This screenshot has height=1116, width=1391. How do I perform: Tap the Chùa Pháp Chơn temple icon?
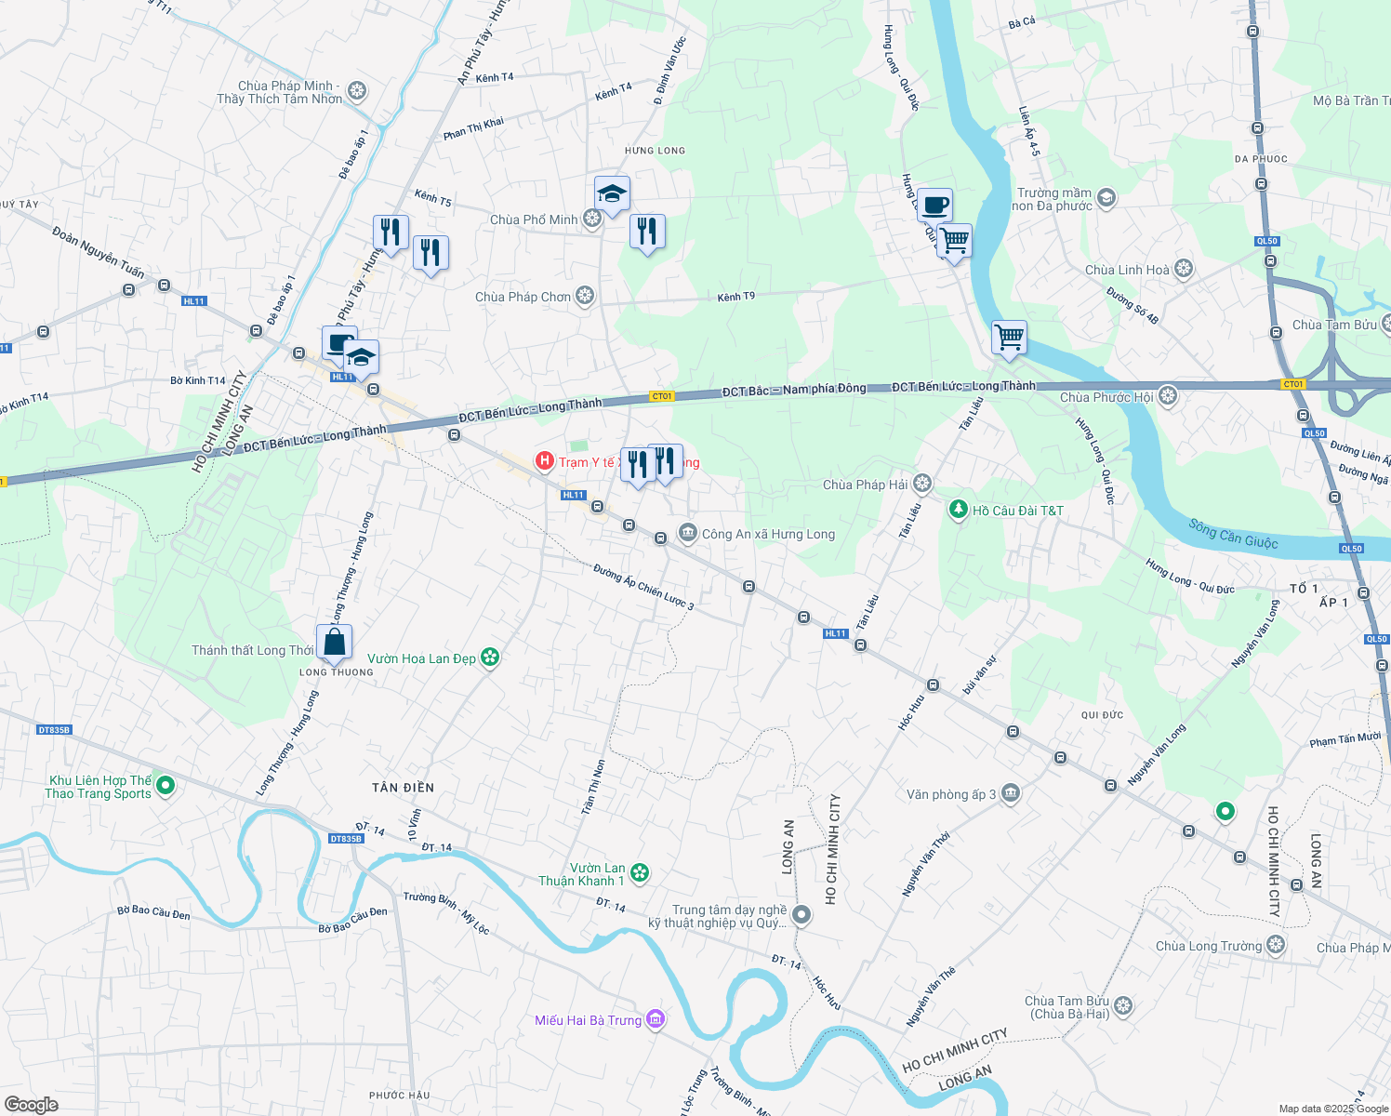coord(585,297)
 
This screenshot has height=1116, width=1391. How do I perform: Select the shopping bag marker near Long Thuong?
coord(334,642)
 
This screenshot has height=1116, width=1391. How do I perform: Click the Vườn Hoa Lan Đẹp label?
coord(421,658)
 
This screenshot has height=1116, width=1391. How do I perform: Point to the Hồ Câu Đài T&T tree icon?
coord(958,510)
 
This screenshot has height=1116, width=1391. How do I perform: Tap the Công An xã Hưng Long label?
coord(768,534)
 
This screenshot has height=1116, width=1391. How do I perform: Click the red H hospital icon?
coord(545,461)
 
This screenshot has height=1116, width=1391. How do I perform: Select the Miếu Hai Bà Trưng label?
coord(588,1020)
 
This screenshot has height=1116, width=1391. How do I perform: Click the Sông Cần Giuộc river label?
coord(1233,534)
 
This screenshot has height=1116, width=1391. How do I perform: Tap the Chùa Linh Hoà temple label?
coord(1127,270)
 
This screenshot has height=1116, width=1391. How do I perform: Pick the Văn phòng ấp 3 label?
coord(951,794)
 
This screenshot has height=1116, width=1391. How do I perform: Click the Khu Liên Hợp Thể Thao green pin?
coord(166,786)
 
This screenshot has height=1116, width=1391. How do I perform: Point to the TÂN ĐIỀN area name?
coord(403,788)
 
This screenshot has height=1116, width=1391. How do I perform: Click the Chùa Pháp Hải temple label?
coord(865,485)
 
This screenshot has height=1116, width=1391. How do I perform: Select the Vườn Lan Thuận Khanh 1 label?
coord(582,874)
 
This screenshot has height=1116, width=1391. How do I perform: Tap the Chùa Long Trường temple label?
coord(1209,946)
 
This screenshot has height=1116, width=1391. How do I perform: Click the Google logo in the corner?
coord(32,1104)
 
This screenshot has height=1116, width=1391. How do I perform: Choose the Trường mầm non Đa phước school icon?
coord(1106,197)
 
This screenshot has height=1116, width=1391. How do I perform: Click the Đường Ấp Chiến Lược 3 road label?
coord(643,587)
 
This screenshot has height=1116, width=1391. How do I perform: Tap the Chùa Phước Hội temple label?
coord(1106,397)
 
